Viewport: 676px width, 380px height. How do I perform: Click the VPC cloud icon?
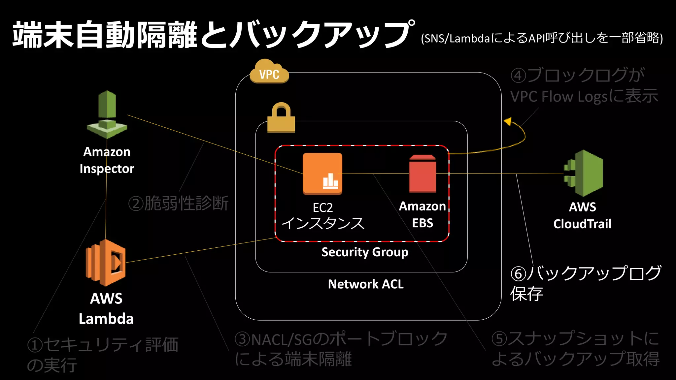(269, 72)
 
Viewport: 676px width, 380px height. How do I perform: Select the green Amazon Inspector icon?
(107, 114)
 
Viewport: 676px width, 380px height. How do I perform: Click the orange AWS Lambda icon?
(106, 262)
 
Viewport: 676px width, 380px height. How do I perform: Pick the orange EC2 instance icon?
(322, 174)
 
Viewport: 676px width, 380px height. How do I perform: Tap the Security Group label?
(365, 252)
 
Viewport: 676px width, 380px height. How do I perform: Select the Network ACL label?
(366, 284)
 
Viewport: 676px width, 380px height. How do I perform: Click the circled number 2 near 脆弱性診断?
(136, 204)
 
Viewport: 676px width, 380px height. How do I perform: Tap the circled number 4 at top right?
(518, 76)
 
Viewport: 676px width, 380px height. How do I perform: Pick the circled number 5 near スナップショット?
(499, 339)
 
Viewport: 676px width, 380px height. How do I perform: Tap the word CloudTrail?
(582, 224)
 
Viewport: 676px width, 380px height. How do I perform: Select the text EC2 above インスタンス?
(322, 208)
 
